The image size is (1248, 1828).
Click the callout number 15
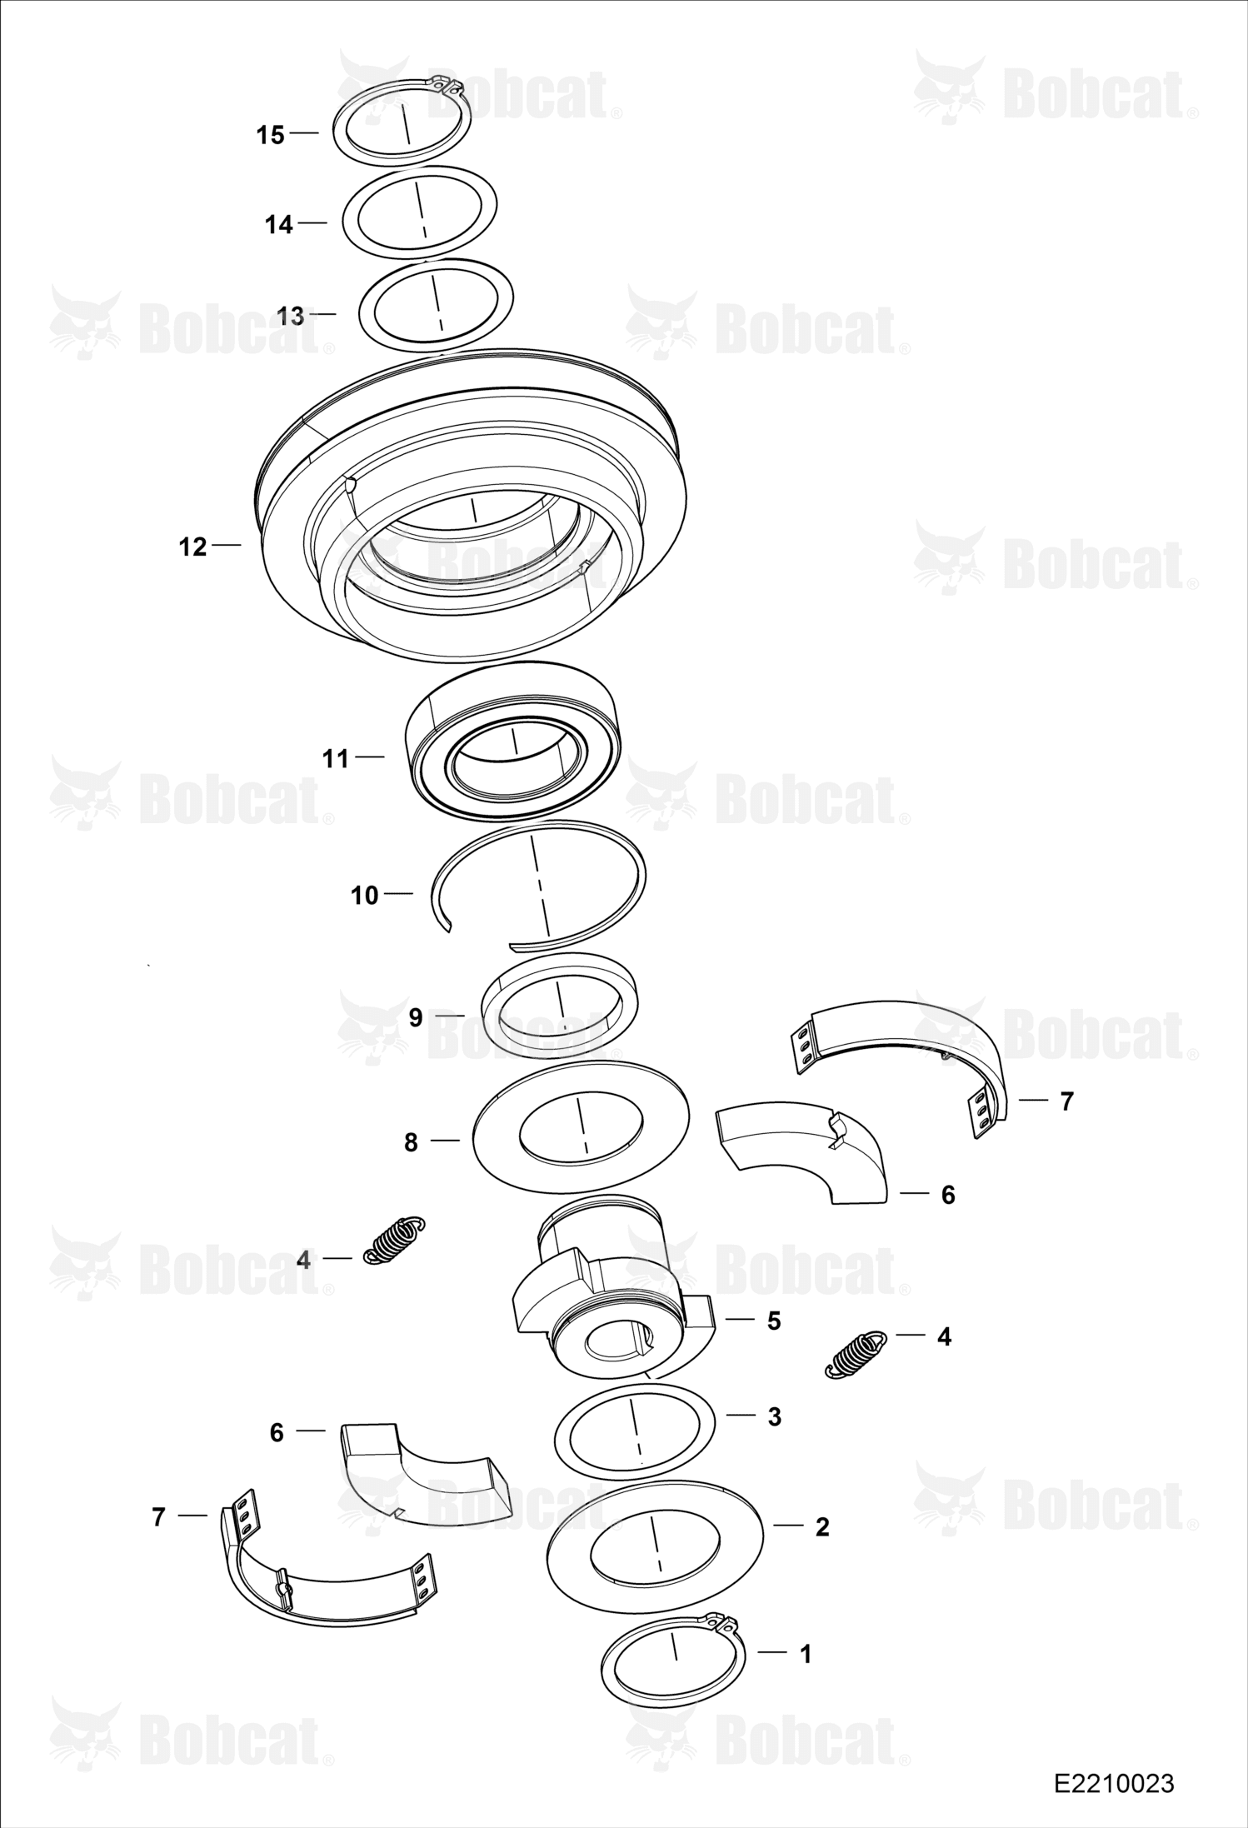pyautogui.click(x=270, y=135)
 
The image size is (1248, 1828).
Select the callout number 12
pyautogui.click(x=192, y=547)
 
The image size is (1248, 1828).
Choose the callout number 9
pyautogui.click(x=416, y=1017)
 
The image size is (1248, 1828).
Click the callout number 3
pyautogui.click(x=774, y=1416)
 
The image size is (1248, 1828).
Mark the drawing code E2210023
pyautogui.click(x=1114, y=1783)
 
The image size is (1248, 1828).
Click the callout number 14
pyautogui.click(x=279, y=225)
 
